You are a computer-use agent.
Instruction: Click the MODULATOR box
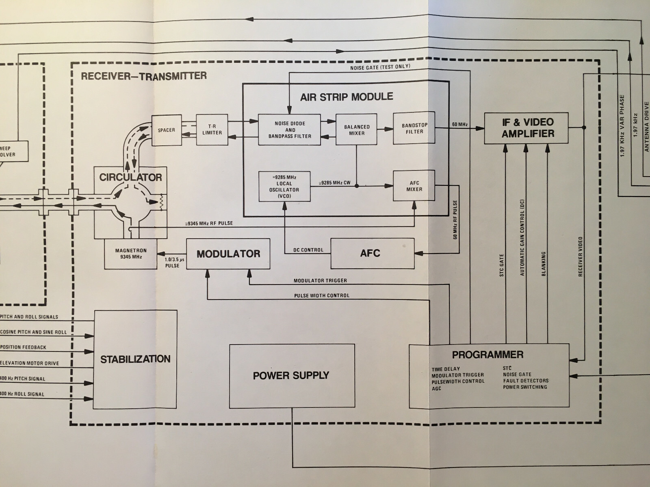tap(228, 254)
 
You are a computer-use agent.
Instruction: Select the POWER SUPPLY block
tap(292, 376)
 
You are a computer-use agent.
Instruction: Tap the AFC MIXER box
tap(414, 186)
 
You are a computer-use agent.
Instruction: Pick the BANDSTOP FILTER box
tap(414, 128)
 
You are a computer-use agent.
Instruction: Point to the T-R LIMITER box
tap(212, 129)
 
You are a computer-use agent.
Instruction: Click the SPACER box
tap(166, 130)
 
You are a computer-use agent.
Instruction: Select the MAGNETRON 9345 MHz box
tap(130, 254)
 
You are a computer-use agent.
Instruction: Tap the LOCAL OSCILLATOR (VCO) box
tap(284, 187)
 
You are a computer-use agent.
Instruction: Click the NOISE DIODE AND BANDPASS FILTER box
tap(290, 130)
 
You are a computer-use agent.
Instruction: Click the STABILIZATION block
tap(135, 359)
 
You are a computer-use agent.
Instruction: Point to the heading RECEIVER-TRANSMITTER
tap(144, 76)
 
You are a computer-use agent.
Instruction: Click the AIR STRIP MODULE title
tap(347, 97)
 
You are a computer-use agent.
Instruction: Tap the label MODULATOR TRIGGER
tap(320, 280)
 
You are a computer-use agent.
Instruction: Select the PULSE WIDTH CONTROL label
tap(321, 295)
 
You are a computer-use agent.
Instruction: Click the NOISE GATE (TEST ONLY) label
tap(380, 67)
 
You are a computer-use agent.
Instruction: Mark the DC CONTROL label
tap(308, 250)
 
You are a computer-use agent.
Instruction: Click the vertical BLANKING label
tap(544, 264)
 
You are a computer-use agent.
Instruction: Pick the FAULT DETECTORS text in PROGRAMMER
tap(526, 381)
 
